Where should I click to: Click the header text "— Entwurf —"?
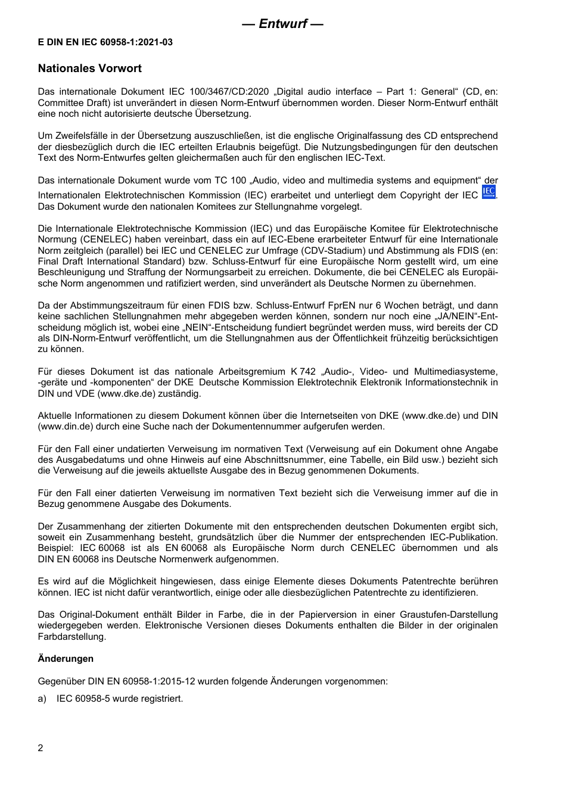coord(282,24)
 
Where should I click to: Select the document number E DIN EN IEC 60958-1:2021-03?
coord(105,42)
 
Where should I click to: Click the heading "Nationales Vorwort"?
coord(90,69)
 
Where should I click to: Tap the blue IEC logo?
coord(489,192)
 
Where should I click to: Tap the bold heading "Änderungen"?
coord(66,659)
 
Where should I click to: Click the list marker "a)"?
coord(42,698)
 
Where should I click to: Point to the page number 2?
coord(41,748)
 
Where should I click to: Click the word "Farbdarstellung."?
coord(72,637)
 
